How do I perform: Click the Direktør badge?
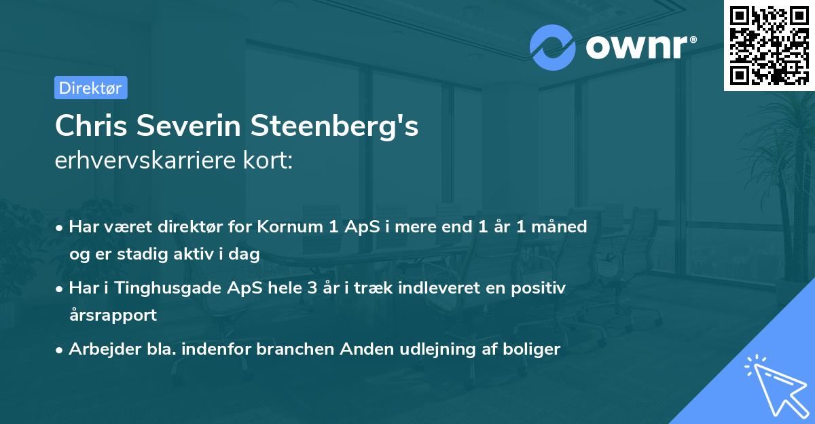tap(90, 88)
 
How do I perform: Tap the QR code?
tap(769, 45)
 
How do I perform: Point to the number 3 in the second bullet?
tap(312, 288)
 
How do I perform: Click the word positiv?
tap(538, 288)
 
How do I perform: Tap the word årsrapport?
tap(113, 315)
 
